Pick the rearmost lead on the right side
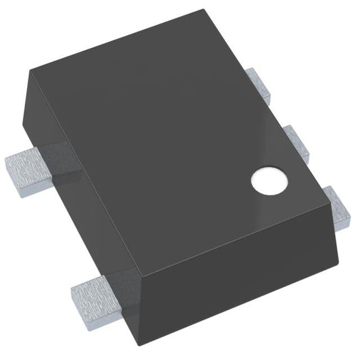(259, 84)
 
